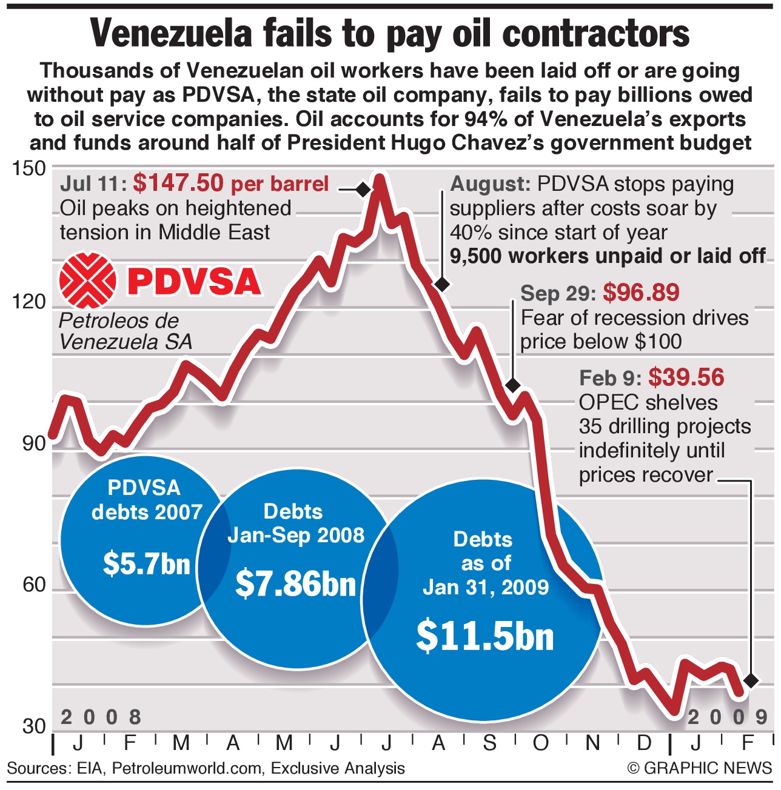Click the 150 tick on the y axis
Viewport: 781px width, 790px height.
point(28,168)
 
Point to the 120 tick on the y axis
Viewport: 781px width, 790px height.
point(28,302)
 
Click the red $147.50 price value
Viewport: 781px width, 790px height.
point(178,183)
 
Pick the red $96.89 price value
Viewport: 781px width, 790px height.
point(642,293)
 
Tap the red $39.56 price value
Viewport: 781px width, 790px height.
point(686,378)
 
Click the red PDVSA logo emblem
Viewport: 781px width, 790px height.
point(87,280)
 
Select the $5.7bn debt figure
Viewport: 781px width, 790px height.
point(147,563)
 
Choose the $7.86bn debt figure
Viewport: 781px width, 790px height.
point(295,583)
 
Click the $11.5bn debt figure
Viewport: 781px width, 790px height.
point(485,637)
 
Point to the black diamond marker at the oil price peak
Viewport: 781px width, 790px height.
point(363,190)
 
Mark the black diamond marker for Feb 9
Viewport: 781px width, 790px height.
point(751,680)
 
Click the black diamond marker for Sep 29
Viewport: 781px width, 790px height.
point(512,385)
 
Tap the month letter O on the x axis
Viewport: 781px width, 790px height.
point(540,743)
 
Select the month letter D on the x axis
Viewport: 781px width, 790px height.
point(644,743)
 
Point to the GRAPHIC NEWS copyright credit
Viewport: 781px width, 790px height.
point(700,768)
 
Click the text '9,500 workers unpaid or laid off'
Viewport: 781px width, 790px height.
point(608,256)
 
